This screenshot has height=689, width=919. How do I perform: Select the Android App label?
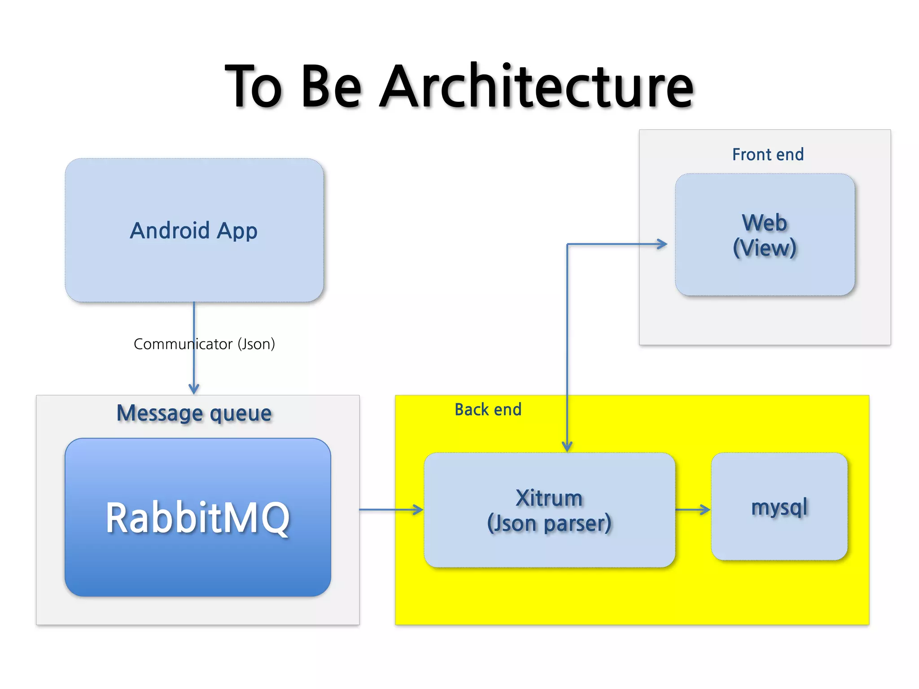tap(194, 231)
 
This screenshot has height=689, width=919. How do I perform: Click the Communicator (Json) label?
tap(204, 344)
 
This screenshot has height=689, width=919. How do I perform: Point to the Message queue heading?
tap(194, 413)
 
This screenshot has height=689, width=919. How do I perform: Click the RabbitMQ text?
tap(198, 518)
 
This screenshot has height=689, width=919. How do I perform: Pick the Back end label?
tap(488, 410)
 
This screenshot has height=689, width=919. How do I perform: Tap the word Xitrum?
tap(549, 498)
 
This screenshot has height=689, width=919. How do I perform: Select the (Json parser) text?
tap(549, 523)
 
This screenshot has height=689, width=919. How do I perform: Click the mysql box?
tap(779, 507)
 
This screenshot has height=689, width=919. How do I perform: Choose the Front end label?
tap(768, 155)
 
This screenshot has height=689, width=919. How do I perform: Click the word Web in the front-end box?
tap(764, 223)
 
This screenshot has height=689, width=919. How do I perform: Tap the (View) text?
tap(764, 248)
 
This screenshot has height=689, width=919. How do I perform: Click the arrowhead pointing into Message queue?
tap(194, 389)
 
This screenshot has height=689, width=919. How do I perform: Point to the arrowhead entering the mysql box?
tap(705, 510)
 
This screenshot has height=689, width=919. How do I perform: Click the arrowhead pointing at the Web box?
tap(662, 244)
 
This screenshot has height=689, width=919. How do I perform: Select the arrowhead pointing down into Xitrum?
tap(567, 446)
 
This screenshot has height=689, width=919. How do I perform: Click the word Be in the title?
tap(331, 86)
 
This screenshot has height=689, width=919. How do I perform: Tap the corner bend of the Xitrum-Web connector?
tap(567, 244)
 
